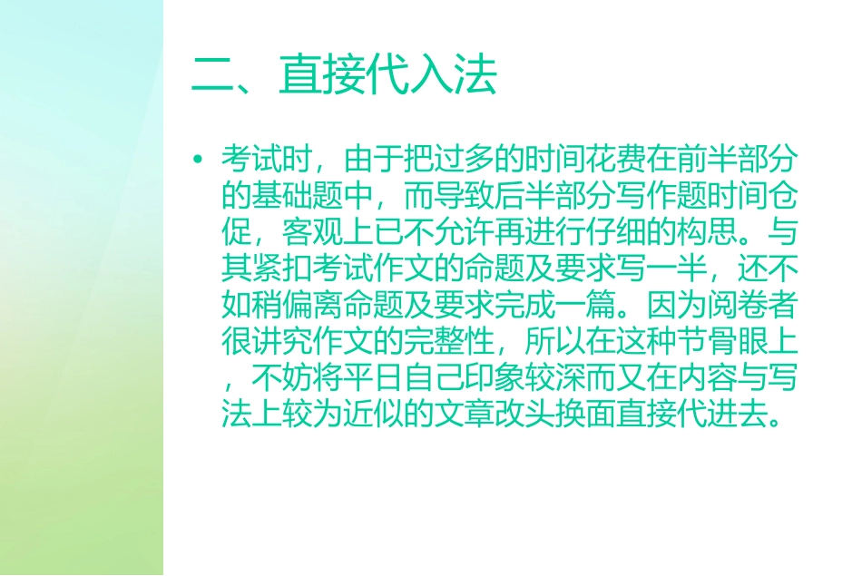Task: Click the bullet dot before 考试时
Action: point(198,160)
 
